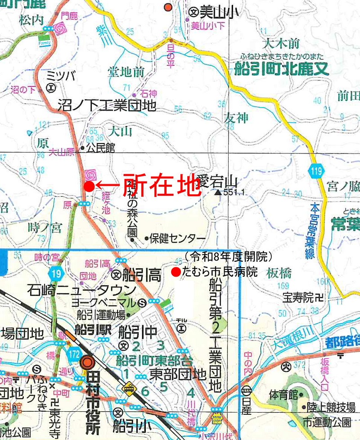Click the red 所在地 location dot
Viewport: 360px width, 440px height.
(89, 185)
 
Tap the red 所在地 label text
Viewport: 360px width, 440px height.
(161, 184)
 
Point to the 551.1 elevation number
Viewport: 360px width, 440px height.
(236, 193)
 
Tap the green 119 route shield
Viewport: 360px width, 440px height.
(316, 170)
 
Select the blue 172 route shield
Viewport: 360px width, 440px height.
(75, 354)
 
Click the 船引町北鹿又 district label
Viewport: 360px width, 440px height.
(282, 69)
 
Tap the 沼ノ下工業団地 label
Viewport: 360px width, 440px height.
(107, 105)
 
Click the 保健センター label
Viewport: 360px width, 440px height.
(178, 238)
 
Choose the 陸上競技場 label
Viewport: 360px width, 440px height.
(331, 408)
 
